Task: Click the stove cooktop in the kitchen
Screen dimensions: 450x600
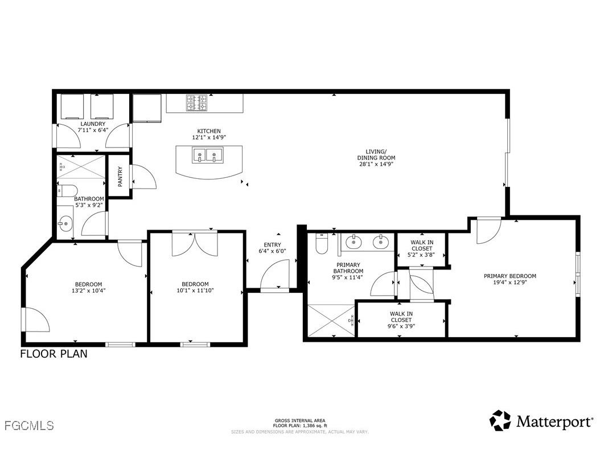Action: click(x=196, y=103)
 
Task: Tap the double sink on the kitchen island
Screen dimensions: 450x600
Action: click(x=206, y=155)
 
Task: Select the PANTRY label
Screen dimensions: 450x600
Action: click(x=120, y=176)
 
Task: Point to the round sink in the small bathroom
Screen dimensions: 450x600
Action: click(x=65, y=224)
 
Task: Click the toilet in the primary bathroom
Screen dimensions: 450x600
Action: click(x=322, y=244)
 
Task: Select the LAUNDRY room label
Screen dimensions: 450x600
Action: click(x=92, y=124)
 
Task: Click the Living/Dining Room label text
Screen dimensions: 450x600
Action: click(x=376, y=154)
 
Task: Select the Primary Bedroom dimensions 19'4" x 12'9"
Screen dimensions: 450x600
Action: click(x=510, y=283)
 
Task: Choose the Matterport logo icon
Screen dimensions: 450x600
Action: click(x=500, y=420)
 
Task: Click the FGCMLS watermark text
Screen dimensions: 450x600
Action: click(x=28, y=426)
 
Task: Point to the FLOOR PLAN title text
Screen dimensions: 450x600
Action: click(x=54, y=354)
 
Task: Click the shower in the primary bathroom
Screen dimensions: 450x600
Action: click(x=330, y=321)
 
